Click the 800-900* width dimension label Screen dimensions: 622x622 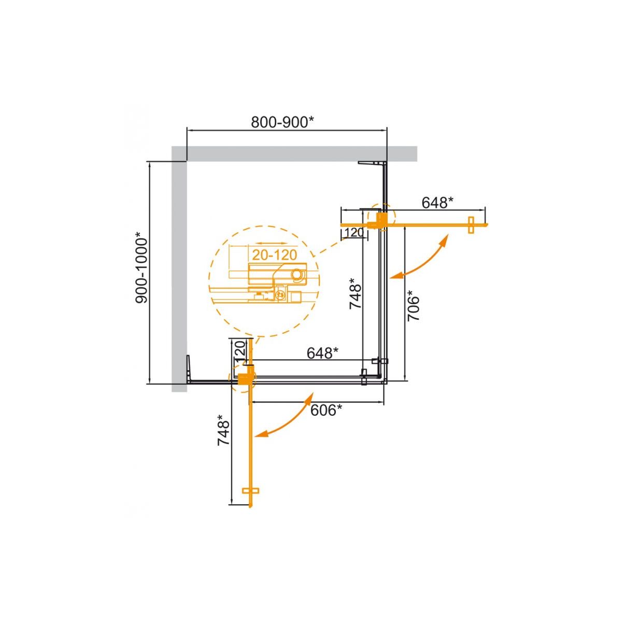(x=282, y=122)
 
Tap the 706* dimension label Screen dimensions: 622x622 (x=414, y=305)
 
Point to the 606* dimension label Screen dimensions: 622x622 (x=327, y=411)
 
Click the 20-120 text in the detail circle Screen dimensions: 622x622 (x=274, y=255)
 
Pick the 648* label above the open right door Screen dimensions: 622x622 (x=437, y=203)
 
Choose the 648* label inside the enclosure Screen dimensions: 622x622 (x=323, y=353)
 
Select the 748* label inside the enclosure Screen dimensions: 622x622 (x=356, y=294)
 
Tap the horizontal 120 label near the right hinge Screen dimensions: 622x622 (x=355, y=232)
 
